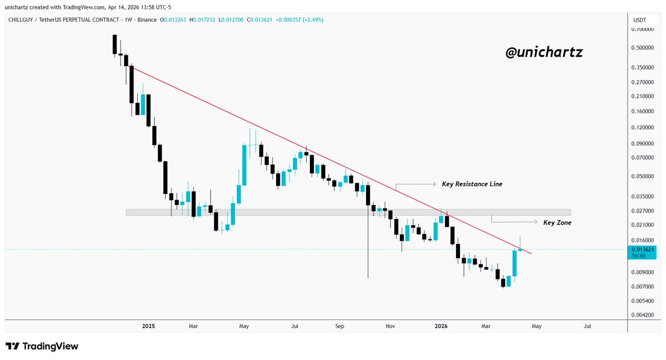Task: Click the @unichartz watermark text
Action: coord(544,52)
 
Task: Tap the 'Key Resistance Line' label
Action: coord(472,184)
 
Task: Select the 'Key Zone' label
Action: coord(557,222)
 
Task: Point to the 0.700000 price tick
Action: coord(645,29)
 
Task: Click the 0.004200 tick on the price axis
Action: coord(645,315)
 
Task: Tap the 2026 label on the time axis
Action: coord(441,326)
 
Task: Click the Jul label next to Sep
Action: coord(295,326)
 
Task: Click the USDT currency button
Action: coord(639,20)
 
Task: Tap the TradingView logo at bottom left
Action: coord(42,346)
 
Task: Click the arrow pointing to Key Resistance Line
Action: coord(415,184)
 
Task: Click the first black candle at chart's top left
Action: coord(114,44)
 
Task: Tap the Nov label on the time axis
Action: coord(390,326)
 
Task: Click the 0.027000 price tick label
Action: coord(645,211)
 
